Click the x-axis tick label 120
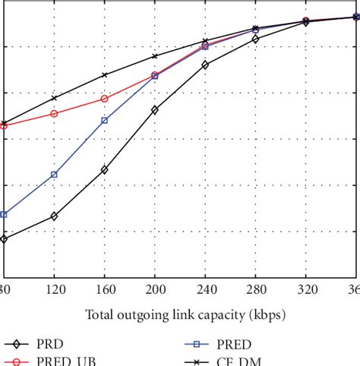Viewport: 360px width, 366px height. tap(53, 289)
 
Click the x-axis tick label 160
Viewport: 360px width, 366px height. tap(104, 289)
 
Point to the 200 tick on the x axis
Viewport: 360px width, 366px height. tap(155, 289)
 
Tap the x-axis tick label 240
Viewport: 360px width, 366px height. tap(205, 289)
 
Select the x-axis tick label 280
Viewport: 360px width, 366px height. tap(255, 289)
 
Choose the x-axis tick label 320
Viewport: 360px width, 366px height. tap(306, 289)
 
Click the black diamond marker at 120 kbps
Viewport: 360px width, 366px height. tap(54, 216)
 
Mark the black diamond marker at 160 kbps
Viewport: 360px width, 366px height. tap(105, 169)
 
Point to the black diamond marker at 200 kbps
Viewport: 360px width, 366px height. tap(155, 110)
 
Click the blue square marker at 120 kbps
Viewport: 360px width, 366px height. tap(54, 175)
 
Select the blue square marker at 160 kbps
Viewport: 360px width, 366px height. tap(105, 121)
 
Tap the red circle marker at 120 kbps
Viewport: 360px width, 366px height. tap(54, 114)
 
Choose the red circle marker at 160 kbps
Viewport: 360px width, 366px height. tap(105, 99)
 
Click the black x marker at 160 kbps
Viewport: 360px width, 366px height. tap(105, 75)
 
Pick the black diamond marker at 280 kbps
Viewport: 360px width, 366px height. tap(255, 39)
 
